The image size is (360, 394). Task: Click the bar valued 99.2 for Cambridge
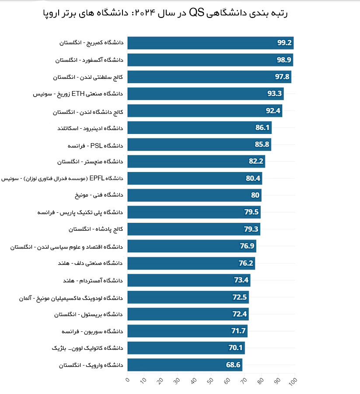tap(210, 43)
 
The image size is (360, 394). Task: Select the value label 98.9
tap(284, 60)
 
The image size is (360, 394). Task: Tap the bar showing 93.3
tap(206, 94)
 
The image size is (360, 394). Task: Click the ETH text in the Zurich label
tap(78, 94)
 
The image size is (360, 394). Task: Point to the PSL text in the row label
tap(96, 145)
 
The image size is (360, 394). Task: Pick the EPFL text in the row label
tap(97, 178)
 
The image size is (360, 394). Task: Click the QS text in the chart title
tap(196, 13)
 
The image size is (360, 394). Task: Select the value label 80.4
tap(253, 178)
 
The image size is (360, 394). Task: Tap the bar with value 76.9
tap(192, 246)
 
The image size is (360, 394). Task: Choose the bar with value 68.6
tap(185, 365)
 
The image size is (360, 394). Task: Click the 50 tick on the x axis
tap(210, 381)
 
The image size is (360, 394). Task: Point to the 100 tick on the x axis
tap(293, 381)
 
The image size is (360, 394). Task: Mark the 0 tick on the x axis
tap(128, 380)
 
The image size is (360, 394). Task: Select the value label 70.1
tap(235, 348)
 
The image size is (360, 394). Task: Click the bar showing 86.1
tap(199, 128)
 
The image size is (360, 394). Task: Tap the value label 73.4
tap(241, 280)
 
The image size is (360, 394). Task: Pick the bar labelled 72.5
tap(188, 297)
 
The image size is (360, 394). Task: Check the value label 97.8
tap(282, 76)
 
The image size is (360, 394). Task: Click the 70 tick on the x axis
tap(244, 381)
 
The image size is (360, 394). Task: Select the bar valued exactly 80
tap(194, 195)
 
